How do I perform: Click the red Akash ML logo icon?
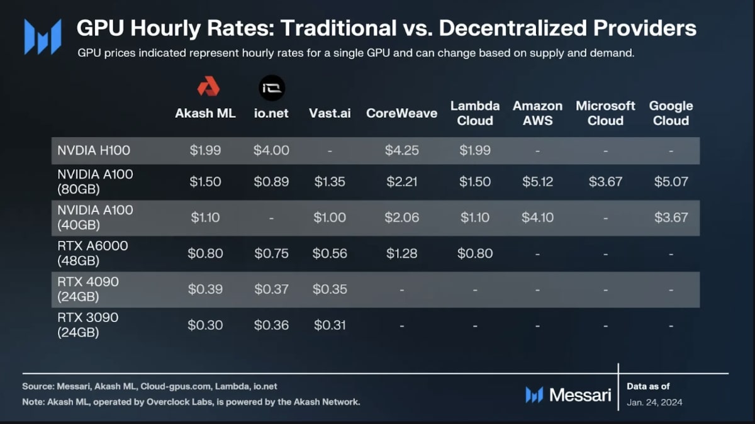[208, 86]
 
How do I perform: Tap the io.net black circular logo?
[272, 87]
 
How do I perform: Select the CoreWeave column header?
[401, 114]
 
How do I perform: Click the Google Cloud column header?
[671, 113]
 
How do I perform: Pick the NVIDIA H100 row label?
[94, 151]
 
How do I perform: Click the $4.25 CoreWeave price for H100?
[401, 151]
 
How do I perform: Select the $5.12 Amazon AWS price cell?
[537, 182]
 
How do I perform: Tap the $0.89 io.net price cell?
[271, 182]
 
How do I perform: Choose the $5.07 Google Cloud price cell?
[671, 182]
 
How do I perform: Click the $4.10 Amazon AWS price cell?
[537, 218]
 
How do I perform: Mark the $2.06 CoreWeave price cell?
[401, 218]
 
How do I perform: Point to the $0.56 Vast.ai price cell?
[329, 254]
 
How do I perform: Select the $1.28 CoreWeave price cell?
[401, 254]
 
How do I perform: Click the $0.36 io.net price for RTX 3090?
[271, 325]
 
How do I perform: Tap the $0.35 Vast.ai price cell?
[329, 289]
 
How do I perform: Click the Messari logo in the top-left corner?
[43, 36]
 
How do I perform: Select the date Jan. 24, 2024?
[654, 402]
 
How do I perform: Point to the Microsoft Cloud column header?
[605, 113]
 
